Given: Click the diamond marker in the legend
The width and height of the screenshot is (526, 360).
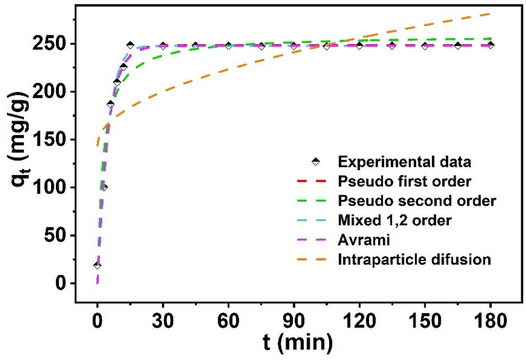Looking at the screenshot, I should point(315,162).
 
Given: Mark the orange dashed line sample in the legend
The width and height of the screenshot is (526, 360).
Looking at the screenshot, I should point(315,259).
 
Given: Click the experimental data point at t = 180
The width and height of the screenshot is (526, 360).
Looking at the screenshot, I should point(490,45).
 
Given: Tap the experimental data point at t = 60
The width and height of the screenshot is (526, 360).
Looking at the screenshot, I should point(228,46).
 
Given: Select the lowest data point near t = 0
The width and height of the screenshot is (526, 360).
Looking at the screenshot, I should point(97,265).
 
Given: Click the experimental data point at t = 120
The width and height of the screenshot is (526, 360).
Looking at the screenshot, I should point(359,46).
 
